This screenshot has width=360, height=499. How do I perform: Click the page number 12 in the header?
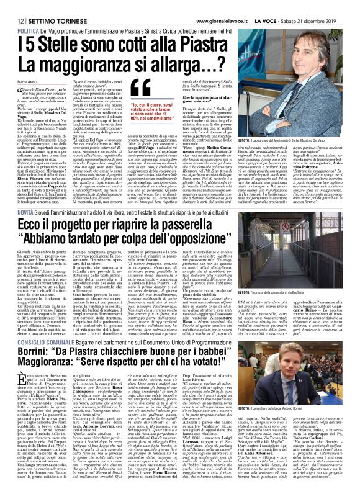click(11, 6)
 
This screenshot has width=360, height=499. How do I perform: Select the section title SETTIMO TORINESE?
click(47, 6)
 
